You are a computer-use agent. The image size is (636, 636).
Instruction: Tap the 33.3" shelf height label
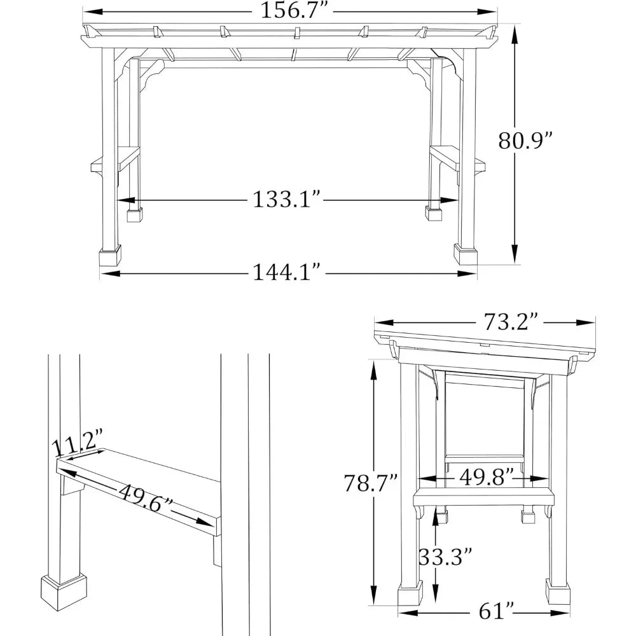445,558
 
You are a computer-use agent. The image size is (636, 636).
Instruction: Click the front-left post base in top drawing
110,256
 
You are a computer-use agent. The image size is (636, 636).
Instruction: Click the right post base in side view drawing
558,593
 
